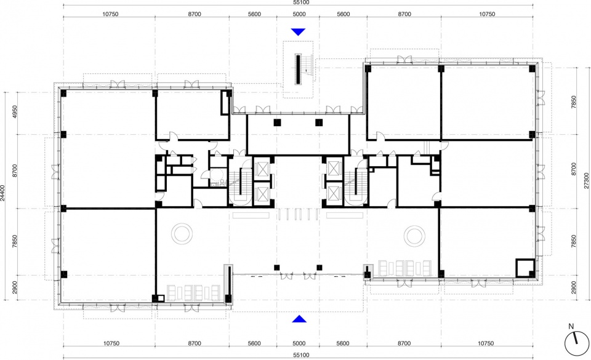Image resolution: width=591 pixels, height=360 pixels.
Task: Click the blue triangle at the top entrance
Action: click(x=298, y=31)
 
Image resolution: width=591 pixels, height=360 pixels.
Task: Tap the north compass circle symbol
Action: click(x=576, y=344)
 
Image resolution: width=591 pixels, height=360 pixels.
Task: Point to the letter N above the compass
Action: click(x=571, y=327)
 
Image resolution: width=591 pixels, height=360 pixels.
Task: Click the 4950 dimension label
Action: click(x=15, y=112)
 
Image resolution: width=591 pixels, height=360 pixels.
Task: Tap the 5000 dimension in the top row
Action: click(x=299, y=14)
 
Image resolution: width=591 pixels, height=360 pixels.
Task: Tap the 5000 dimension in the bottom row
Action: click(x=299, y=343)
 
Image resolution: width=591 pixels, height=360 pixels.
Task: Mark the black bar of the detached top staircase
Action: click(x=298, y=70)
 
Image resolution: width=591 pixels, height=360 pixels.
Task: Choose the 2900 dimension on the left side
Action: click(x=15, y=288)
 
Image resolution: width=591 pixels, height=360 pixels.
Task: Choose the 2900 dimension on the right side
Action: click(x=574, y=288)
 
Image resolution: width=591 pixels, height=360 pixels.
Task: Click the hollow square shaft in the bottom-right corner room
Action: click(x=517, y=268)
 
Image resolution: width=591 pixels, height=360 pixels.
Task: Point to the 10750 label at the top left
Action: click(x=110, y=14)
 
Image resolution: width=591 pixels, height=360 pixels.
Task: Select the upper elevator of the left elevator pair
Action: click(x=262, y=168)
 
